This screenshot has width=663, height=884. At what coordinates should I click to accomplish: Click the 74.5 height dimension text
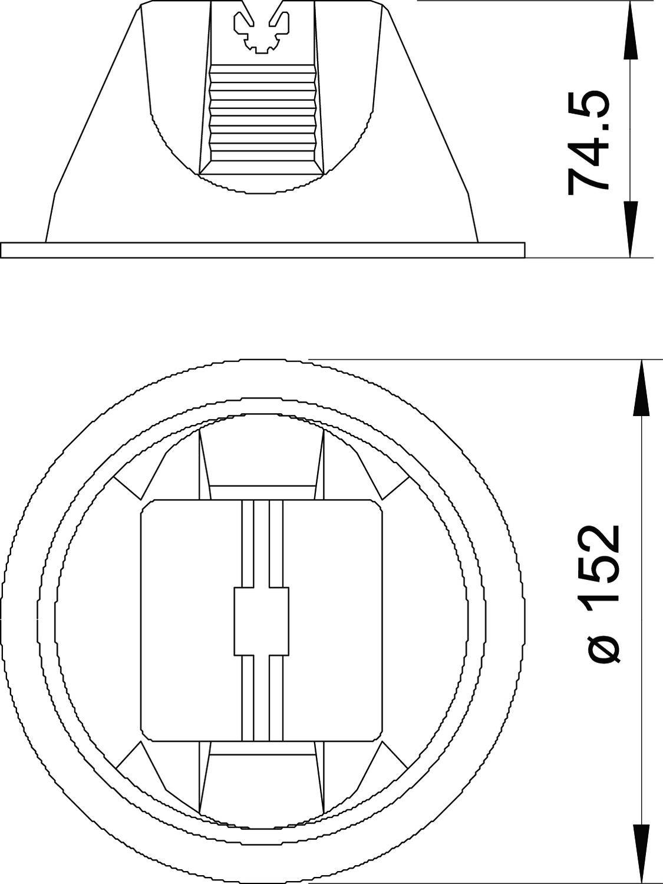coord(588,141)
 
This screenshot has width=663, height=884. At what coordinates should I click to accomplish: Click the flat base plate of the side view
coord(262,250)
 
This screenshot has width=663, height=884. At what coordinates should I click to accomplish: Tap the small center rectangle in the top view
coord(261,621)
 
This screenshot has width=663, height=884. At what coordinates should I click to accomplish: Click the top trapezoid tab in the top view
coord(262,460)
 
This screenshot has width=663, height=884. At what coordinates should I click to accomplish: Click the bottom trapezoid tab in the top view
coord(262,784)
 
